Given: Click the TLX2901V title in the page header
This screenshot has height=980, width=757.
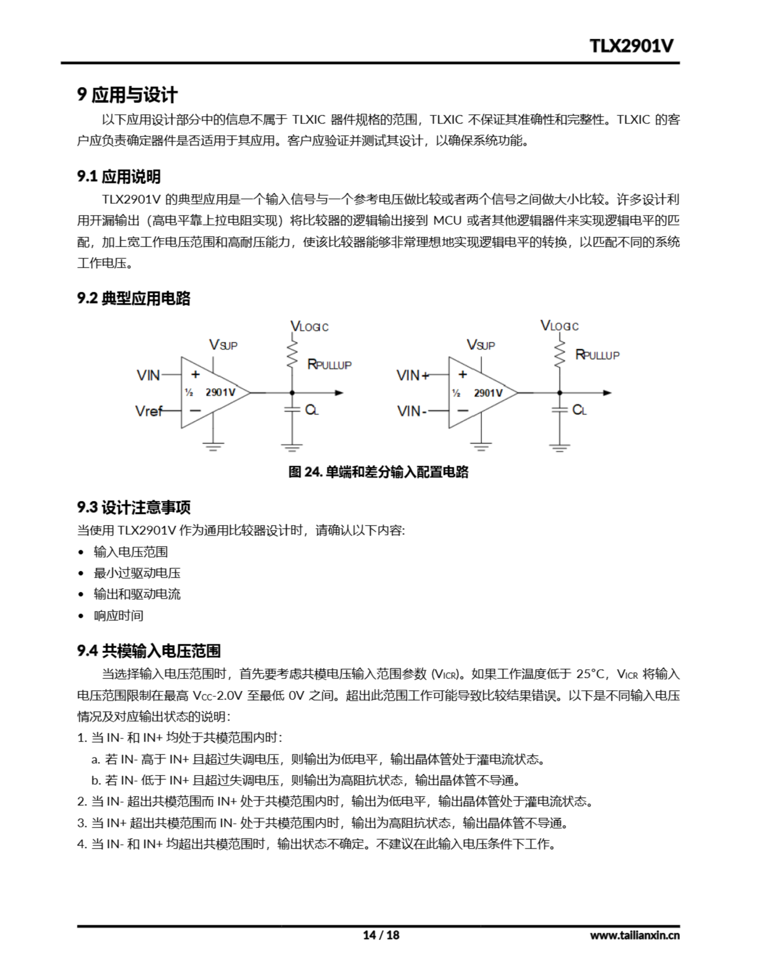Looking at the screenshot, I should click(631, 46).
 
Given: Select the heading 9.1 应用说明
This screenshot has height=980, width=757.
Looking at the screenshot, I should click(119, 176).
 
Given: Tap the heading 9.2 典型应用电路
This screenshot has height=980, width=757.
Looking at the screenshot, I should click(133, 298).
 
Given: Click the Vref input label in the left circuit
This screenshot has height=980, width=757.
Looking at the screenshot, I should click(148, 411).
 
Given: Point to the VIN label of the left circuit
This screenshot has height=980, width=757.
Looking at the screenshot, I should click(148, 375).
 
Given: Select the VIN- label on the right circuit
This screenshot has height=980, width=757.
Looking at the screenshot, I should click(411, 411).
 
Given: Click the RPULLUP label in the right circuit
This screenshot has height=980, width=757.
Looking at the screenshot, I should click(597, 355).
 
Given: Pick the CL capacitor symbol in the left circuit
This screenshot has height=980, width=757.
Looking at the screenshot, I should click(292, 409).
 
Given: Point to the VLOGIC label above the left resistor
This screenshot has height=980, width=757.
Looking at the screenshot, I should click(309, 326).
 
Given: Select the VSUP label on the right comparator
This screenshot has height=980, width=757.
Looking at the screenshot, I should click(481, 345).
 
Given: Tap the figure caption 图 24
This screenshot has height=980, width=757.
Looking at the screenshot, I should click(378, 472).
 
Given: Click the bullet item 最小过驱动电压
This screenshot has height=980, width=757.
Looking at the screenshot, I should click(137, 573).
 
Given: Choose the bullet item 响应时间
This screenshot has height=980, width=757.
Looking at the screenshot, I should click(119, 615).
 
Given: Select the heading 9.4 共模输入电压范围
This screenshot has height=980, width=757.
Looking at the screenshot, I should click(148, 651).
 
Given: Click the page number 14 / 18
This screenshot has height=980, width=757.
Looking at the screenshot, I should click(381, 935).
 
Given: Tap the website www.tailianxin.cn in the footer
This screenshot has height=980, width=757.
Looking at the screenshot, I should click(635, 935).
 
